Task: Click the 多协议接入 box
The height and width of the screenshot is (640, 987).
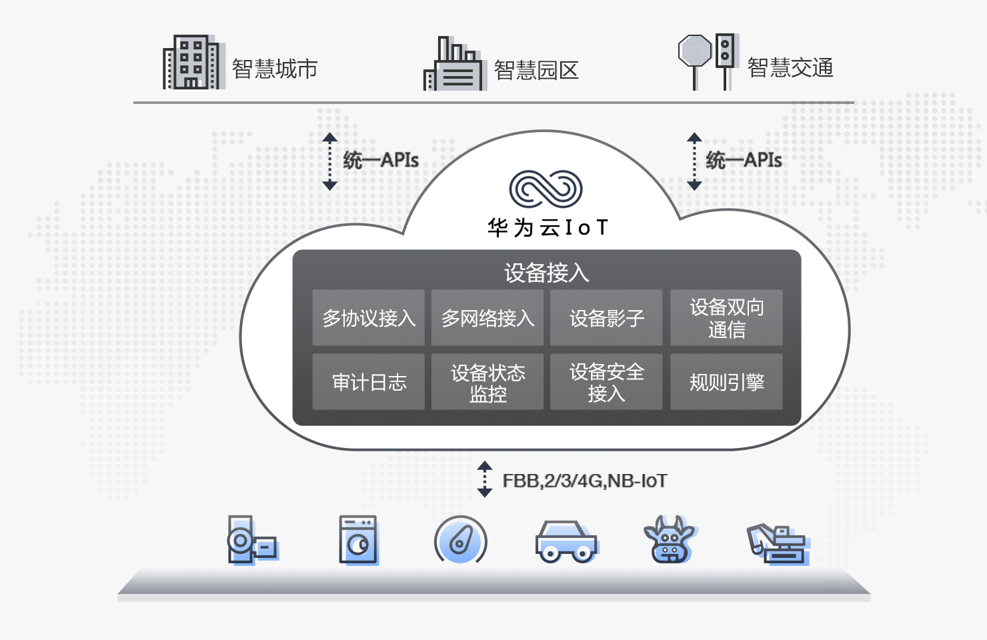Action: click(x=368, y=317)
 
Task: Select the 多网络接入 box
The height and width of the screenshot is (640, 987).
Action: click(x=487, y=317)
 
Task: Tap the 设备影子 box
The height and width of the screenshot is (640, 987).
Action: click(x=606, y=317)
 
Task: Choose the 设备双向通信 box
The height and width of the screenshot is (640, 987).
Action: click(x=727, y=317)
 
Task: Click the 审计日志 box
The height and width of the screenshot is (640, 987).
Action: click(x=368, y=381)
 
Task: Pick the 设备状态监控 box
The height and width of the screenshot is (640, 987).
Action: click(x=487, y=381)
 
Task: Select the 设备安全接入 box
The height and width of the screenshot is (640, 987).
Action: click(x=606, y=381)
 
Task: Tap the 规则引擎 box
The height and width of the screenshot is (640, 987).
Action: click(x=727, y=381)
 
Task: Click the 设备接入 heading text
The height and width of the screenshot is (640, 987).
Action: click(x=546, y=273)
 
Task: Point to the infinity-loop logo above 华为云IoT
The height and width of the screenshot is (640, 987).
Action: click(x=546, y=189)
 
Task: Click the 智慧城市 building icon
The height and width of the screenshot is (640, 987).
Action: click(x=193, y=62)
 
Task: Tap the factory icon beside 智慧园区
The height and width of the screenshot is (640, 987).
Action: click(x=454, y=64)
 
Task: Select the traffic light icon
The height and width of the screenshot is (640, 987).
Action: click(x=726, y=61)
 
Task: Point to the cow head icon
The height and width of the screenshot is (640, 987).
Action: click(x=669, y=539)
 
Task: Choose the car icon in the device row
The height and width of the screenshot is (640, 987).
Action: click(x=566, y=542)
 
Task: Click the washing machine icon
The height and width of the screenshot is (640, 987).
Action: click(x=359, y=540)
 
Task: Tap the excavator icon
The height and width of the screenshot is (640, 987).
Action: click(x=778, y=544)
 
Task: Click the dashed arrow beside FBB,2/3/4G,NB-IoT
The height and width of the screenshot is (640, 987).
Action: click(x=485, y=479)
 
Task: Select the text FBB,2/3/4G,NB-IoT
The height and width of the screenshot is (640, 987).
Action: click(x=585, y=481)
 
